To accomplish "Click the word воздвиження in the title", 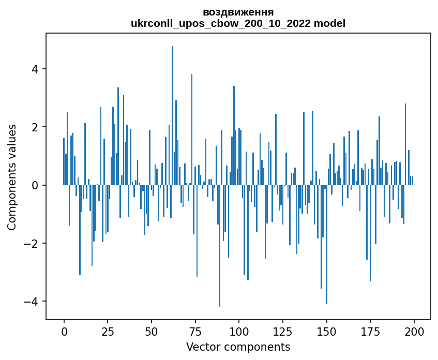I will [238, 12].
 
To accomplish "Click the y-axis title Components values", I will [12, 177].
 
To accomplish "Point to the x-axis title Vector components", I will [238, 347].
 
